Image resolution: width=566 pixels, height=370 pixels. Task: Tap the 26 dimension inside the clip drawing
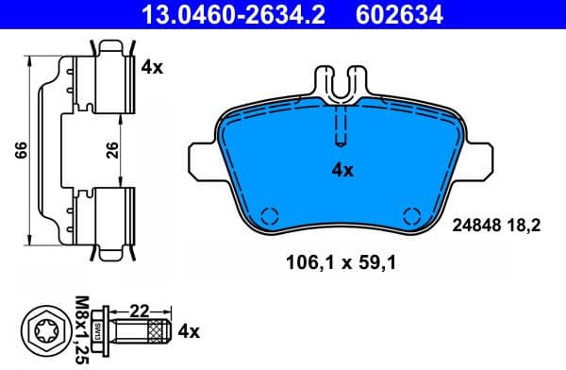coord(113,151)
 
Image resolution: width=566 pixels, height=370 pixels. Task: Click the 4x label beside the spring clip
coord(152,67)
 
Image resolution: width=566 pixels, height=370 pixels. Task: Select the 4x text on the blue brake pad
coord(341,171)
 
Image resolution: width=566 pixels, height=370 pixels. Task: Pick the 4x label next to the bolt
coord(189,331)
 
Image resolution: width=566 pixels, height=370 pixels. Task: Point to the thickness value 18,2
coord(531,224)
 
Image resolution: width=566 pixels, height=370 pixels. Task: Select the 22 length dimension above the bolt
coord(141,310)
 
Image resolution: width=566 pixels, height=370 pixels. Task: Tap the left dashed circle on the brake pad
coord(269,213)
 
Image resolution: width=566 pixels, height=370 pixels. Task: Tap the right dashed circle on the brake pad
coord(410,213)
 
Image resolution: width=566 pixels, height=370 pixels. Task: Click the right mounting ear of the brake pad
coord(477,158)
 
